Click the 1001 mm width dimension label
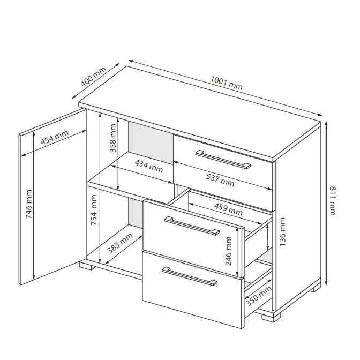pyautogui.click(x=227, y=83)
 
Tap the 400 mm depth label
pyautogui.click(x=93, y=77)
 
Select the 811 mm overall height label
pyautogui.click(x=333, y=201)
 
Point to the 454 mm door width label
pyautogui.click(x=55, y=137)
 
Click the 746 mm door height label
pyautogui.click(x=29, y=204)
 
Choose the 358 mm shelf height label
pyautogui.click(x=113, y=138)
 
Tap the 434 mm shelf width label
pyautogui.click(x=149, y=166)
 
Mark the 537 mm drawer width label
pyautogui.click(x=220, y=180)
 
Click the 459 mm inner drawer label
pyautogui.click(x=228, y=209)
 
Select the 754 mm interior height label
pyautogui.click(x=94, y=210)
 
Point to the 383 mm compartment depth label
pyautogui.click(x=120, y=243)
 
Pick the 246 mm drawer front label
pyautogui.click(x=228, y=251)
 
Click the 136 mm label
pyautogui.click(x=282, y=232)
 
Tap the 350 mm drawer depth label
pyautogui.click(x=259, y=296)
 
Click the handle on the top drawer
pyautogui.click(x=223, y=159)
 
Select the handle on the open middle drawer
pyautogui.click(x=192, y=226)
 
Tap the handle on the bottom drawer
pyautogui.click(x=190, y=276)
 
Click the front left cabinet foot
pyautogui.click(x=86, y=265)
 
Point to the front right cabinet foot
pyautogui.click(x=271, y=316)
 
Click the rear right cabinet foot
pyautogui.click(x=316, y=287)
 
